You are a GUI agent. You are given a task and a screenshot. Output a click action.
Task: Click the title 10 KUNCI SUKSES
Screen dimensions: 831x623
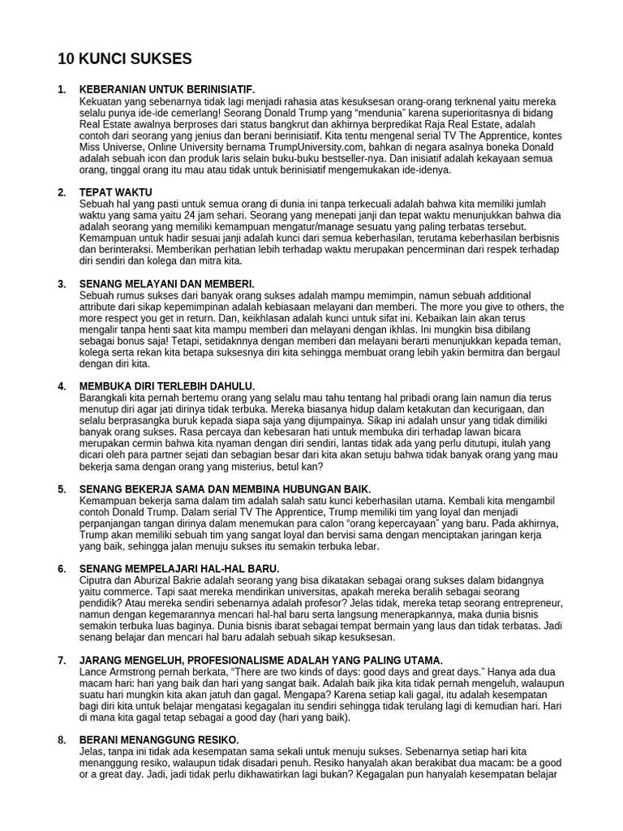click(125, 58)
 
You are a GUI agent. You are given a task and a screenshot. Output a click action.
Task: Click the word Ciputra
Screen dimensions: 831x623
click(99, 581)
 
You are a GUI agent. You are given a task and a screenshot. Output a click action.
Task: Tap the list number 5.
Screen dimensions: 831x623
click(62, 489)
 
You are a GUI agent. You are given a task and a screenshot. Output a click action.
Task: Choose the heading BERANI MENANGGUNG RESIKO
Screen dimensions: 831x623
click(159, 740)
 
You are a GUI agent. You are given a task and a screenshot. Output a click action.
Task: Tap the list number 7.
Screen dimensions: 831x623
click(62, 661)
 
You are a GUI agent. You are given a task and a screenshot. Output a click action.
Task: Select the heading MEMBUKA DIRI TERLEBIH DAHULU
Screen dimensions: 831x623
click(167, 385)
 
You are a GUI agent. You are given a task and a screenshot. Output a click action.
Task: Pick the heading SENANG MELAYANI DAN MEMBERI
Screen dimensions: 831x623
click(167, 283)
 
